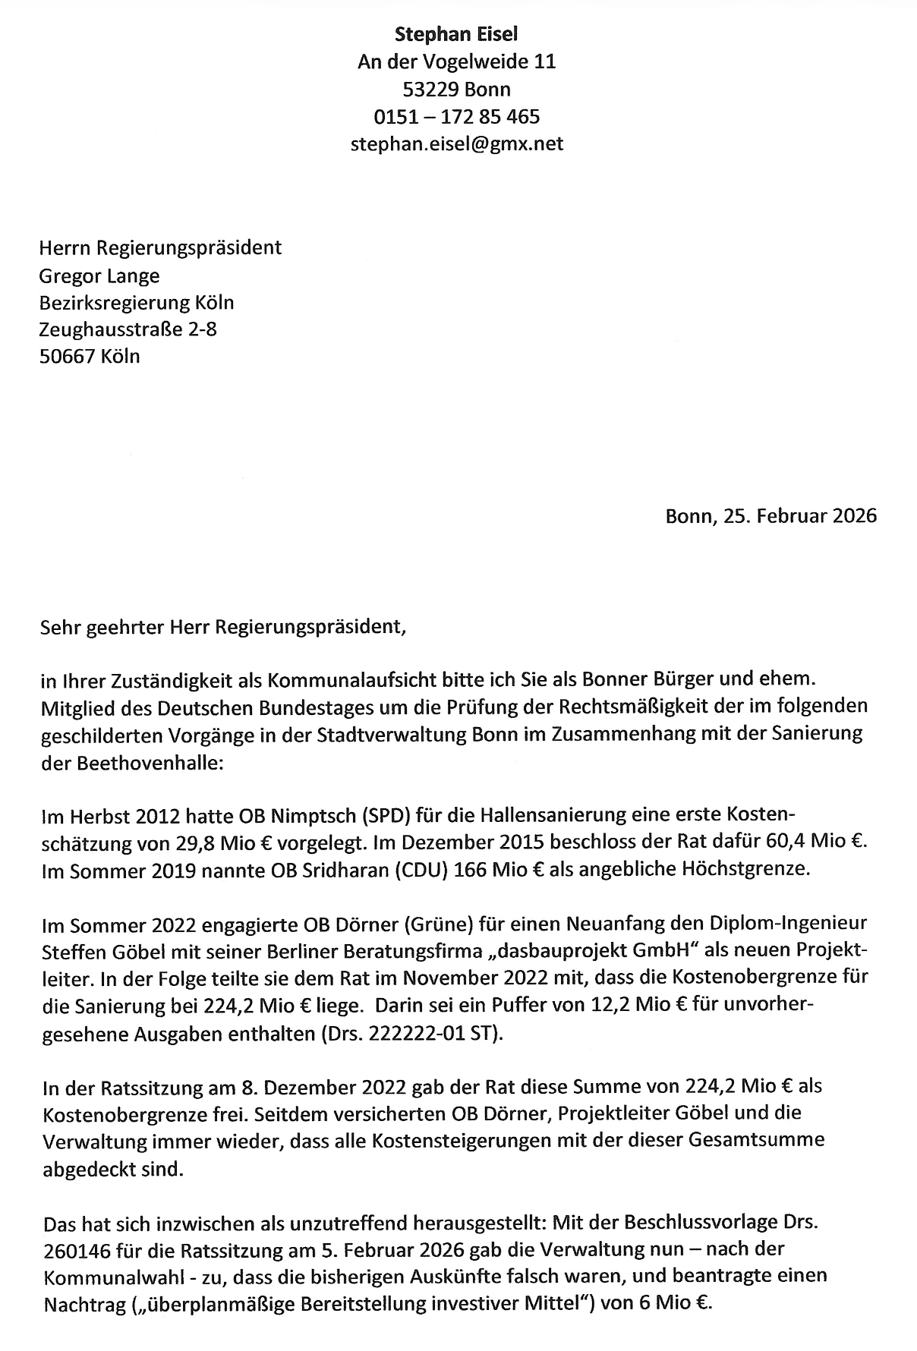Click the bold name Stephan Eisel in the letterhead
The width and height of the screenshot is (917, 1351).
(456, 33)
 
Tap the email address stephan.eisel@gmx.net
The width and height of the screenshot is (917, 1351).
(456, 143)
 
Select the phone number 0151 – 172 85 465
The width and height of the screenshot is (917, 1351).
(456, 116)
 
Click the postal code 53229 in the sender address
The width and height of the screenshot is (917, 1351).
(430, 89)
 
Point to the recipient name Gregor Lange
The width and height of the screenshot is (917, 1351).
(99, 275)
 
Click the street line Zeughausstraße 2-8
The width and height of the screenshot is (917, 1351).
(128, 329)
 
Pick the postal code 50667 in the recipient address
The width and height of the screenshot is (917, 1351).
(67, 356)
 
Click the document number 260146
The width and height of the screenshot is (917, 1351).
(80, 1249)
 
